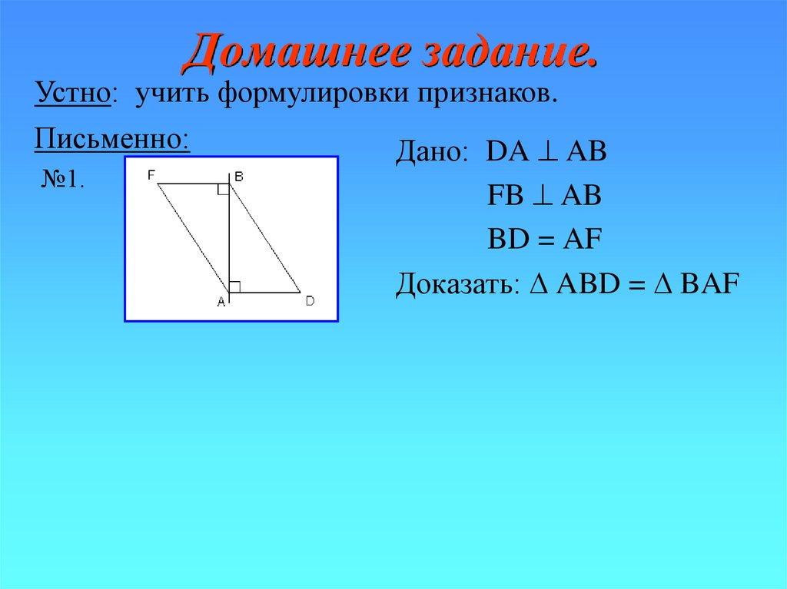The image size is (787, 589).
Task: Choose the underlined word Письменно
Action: click(111, 140)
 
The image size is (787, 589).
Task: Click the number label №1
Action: click(61, 180)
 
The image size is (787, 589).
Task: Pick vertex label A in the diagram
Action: click(221, 303)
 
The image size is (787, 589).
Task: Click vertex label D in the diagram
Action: click(309, 301)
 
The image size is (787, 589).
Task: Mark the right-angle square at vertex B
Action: click(223, 190)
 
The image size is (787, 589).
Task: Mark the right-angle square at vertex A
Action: click(235, 286)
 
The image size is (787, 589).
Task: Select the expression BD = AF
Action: click(546, 240)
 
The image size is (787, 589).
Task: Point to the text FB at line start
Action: click(503, 197)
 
